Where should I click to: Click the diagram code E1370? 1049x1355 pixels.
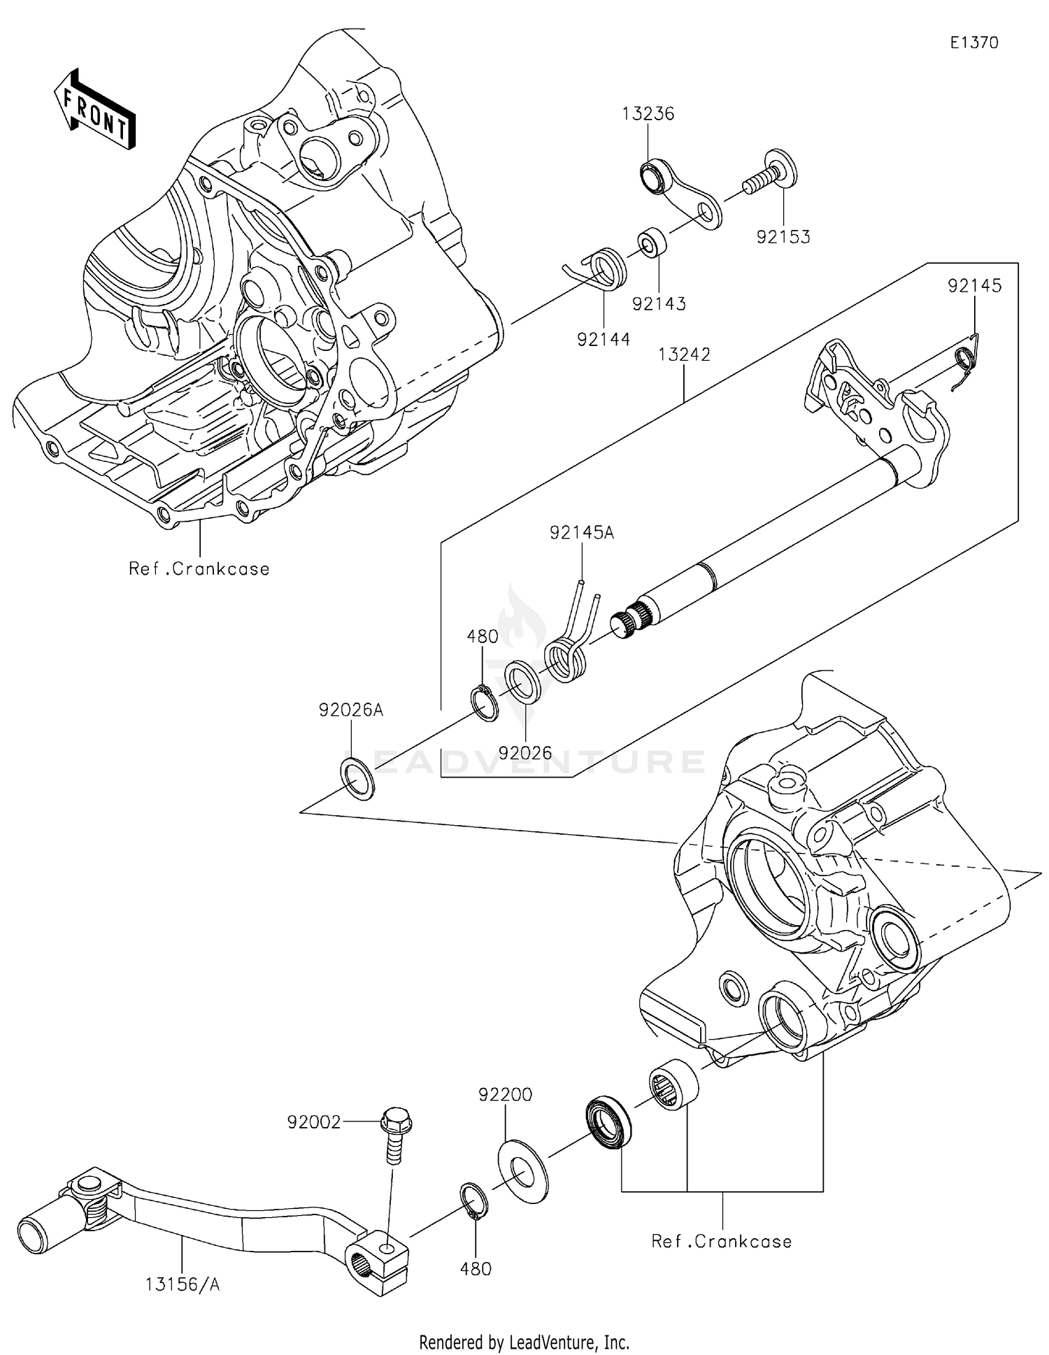coord(973,43)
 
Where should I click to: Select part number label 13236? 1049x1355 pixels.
coord(648,114)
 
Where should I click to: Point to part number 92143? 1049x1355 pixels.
coord(659,304)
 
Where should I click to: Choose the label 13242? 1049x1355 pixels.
coord(683,355)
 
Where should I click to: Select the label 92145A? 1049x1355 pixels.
coord(582,533)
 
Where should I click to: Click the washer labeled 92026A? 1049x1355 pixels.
coord(357,777)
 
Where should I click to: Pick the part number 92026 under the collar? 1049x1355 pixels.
coord(525,753)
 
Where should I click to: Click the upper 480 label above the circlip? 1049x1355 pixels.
coord(483,637)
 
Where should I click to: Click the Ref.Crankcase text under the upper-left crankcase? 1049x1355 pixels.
coord(199,569)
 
